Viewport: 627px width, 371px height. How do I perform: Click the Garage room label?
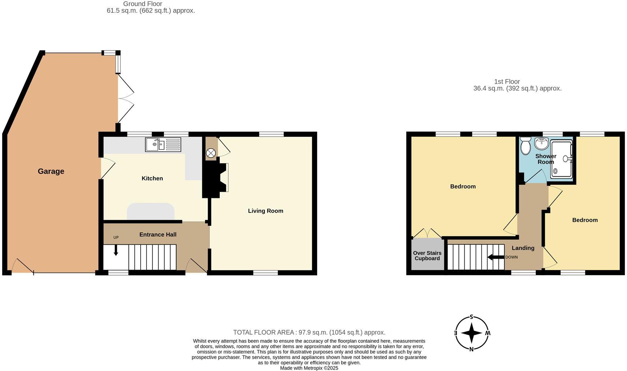pyautogui.click(x=51, y=171)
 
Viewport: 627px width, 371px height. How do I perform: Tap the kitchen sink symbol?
pyautogui.click(x=163, y=145)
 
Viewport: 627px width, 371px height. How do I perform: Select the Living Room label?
pyautogui.click(x=266, y=211)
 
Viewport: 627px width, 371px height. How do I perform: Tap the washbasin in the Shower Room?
pyautogui.click(x=541, y=143)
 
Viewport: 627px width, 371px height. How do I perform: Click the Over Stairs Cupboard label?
pyautogui.click(x=427, y=256)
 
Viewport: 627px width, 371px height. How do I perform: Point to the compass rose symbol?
pyautogui.click(x=472, y=333)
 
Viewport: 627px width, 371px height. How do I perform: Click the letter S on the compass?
pyautogui.click(x=472, y=317)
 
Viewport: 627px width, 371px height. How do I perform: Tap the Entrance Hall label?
pyautogui.click(x=158, y=235)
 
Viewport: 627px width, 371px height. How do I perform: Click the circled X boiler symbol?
pyautogui.click(x=211, y=153)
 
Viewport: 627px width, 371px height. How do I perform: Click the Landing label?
pyautogui.click(x=523, y=248)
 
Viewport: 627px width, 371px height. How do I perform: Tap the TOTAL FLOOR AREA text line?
pyautogui.click(x=309, y=332)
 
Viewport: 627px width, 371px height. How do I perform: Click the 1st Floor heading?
pyautogui.click(x=507, y=82)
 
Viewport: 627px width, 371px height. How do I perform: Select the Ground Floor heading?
pyautogui.click(x=142, y=4)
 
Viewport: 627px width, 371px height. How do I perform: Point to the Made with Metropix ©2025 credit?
pyautogui.click(x=309, y=368)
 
